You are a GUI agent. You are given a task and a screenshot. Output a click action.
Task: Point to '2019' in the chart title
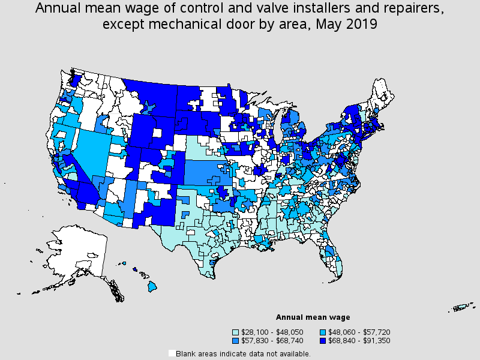361,25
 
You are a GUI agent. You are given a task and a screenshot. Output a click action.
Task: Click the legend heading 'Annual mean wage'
313,317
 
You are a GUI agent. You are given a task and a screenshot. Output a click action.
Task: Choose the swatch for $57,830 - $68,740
236,340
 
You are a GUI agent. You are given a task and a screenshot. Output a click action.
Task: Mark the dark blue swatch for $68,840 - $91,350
323,340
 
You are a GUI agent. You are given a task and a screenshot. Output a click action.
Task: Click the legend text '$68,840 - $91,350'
359,340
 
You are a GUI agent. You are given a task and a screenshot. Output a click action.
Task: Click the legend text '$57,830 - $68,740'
271,340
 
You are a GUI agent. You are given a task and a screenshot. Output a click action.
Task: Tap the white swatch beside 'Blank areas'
172,353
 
